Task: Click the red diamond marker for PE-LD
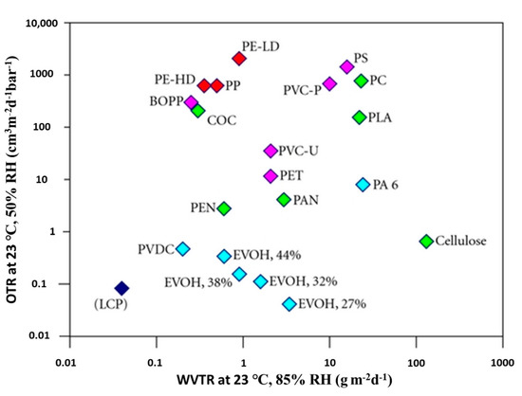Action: click(239, 58)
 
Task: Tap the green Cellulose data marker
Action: click(426, 242)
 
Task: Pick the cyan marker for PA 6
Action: click(363, 185)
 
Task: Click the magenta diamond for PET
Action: click(270, 176)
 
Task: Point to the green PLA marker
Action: click(360, 117)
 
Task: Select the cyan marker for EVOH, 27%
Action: click(289, 304)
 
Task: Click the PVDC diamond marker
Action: click(183, 249)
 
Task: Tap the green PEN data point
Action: click(224, 208)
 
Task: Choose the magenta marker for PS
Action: click(346, 66)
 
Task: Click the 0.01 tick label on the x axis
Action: click(65, 362)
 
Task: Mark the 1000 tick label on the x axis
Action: click(502, 362)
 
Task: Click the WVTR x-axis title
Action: click(285, 381)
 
